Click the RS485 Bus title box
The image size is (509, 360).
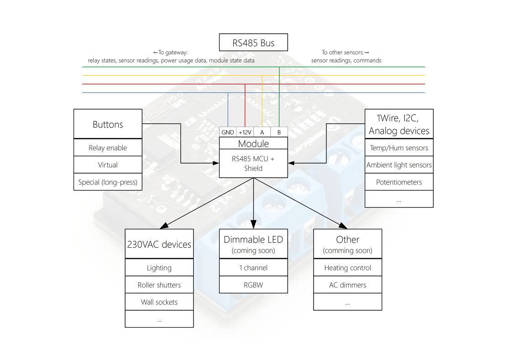pyautogui.click(x=253, y=42)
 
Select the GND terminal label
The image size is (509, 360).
pyautogui.click(x=228, y=132)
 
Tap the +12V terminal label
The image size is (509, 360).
pyautogui.click(x=245, y=132)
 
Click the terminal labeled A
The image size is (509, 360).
pyautogui.click(x=262, y=132)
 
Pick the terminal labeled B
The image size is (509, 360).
pyautogui.click(x=279, y=132)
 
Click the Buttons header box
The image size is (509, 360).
pyautogui.click(x=108, y=124)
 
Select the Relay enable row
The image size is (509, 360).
pyautogui.click(x=108, y=148)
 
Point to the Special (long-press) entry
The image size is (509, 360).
pyautogui.click(x=108, y=182)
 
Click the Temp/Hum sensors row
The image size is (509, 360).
pyautogui.click(x=399, y=148)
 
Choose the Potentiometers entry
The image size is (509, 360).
pyautogui.click(x=399, y=182)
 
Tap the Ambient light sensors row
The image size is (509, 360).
pyautogui.click(x=399, y=165)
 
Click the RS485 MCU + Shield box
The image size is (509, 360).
pyautogui.click(x=253, y=164)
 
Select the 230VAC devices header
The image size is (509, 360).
pyautogui.click(x=159, y=244)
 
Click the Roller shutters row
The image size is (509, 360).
pyautogui.click(x=159, y=285)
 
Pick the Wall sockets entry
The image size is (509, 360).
pyautogui.click(x=159, y=302)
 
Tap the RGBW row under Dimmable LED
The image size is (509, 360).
pyautogui.click(x=253, y=285)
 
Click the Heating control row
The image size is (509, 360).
pyautogui.click(x=347, y=268)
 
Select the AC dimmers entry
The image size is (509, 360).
pyautogui.click(x=347, y=285)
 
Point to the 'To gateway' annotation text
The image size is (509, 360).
pyautogui.click(x=171, y=56)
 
